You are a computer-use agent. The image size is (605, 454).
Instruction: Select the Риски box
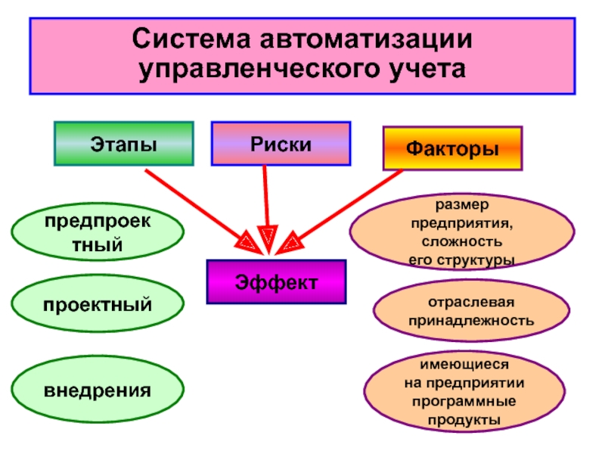click(281, 143)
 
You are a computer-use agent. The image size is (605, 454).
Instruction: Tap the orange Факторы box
click(452, 148)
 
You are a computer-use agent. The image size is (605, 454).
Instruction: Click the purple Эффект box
click(276, 282)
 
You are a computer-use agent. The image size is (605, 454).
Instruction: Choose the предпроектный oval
click(97, 233)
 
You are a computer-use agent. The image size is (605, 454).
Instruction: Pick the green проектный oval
click(97, 304)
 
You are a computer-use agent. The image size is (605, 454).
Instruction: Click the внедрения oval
click(97, 391)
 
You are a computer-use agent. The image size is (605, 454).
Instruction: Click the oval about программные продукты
click(464, 391)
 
